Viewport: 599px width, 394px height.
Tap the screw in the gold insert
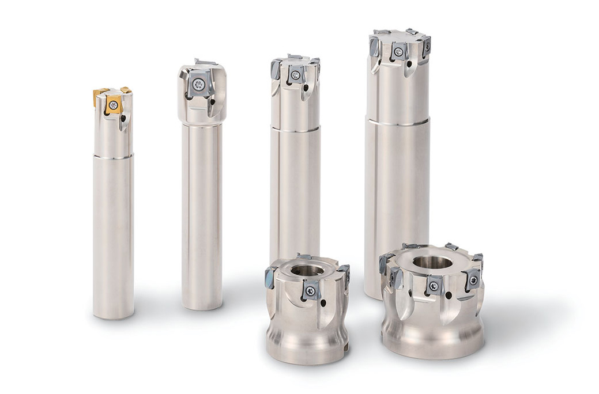pyautogui.click(x=114, y=105)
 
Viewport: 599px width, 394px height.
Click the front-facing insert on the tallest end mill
pyautogui.click(x=398, y=51)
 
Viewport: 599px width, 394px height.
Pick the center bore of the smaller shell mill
pyautogui.click(x=307, y=270)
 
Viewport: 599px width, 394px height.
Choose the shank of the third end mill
pyautogui.click(x=295, y=196)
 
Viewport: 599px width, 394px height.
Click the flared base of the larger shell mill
pyautogui.click(x=432, y=340)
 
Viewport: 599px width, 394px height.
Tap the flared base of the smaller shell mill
pyautogui.click(x=307, y=348)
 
